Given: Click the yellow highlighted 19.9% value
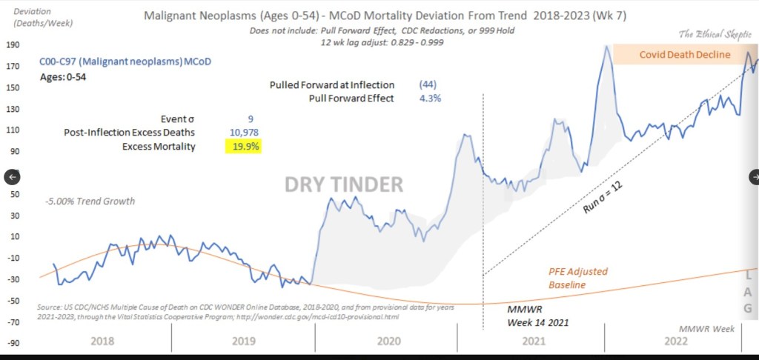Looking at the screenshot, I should tap(243, 147).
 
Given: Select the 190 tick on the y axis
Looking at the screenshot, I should tap(13, 44).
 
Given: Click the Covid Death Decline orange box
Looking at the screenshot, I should tap(686, 55).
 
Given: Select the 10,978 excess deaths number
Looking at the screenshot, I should tap(244, 133).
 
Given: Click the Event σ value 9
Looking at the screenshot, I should tap(251, 118).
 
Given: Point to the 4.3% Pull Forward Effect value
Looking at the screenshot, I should tap(430, 99).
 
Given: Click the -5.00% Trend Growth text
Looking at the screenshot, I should tap(89, 201).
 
